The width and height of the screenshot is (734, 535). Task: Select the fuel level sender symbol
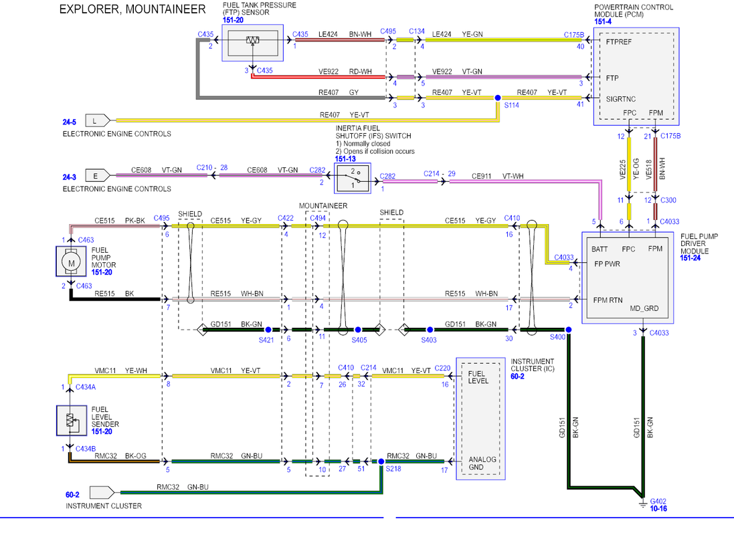click(71, 421)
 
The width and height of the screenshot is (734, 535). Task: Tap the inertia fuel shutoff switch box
click(353, 178)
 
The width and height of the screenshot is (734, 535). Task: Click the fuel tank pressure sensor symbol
click(252, 43)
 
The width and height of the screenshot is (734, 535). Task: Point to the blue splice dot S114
click(498, 98)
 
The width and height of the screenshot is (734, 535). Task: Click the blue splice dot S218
click(381, 461)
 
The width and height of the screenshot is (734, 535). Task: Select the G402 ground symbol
click(643, 503)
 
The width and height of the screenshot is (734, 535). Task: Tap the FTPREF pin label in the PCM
click(618, 42)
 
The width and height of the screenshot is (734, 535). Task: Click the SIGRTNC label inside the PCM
click(621, 99)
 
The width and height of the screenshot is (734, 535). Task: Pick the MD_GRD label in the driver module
click(644, 308)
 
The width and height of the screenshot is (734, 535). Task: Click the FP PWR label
click(607, 264)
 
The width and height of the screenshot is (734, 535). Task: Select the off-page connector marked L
click(98, 121)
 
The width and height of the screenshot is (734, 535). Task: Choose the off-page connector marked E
click(98, 176)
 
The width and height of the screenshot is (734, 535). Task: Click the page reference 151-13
click(345, 159)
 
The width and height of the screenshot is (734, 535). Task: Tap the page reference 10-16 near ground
click(658, 509)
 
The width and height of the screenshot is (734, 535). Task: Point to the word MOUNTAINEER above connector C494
click(323, 206)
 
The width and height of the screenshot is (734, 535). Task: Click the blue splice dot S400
click(568, 330)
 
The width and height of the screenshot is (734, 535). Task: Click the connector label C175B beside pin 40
click(574, 35)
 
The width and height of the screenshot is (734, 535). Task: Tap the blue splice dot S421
click(268, 330)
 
